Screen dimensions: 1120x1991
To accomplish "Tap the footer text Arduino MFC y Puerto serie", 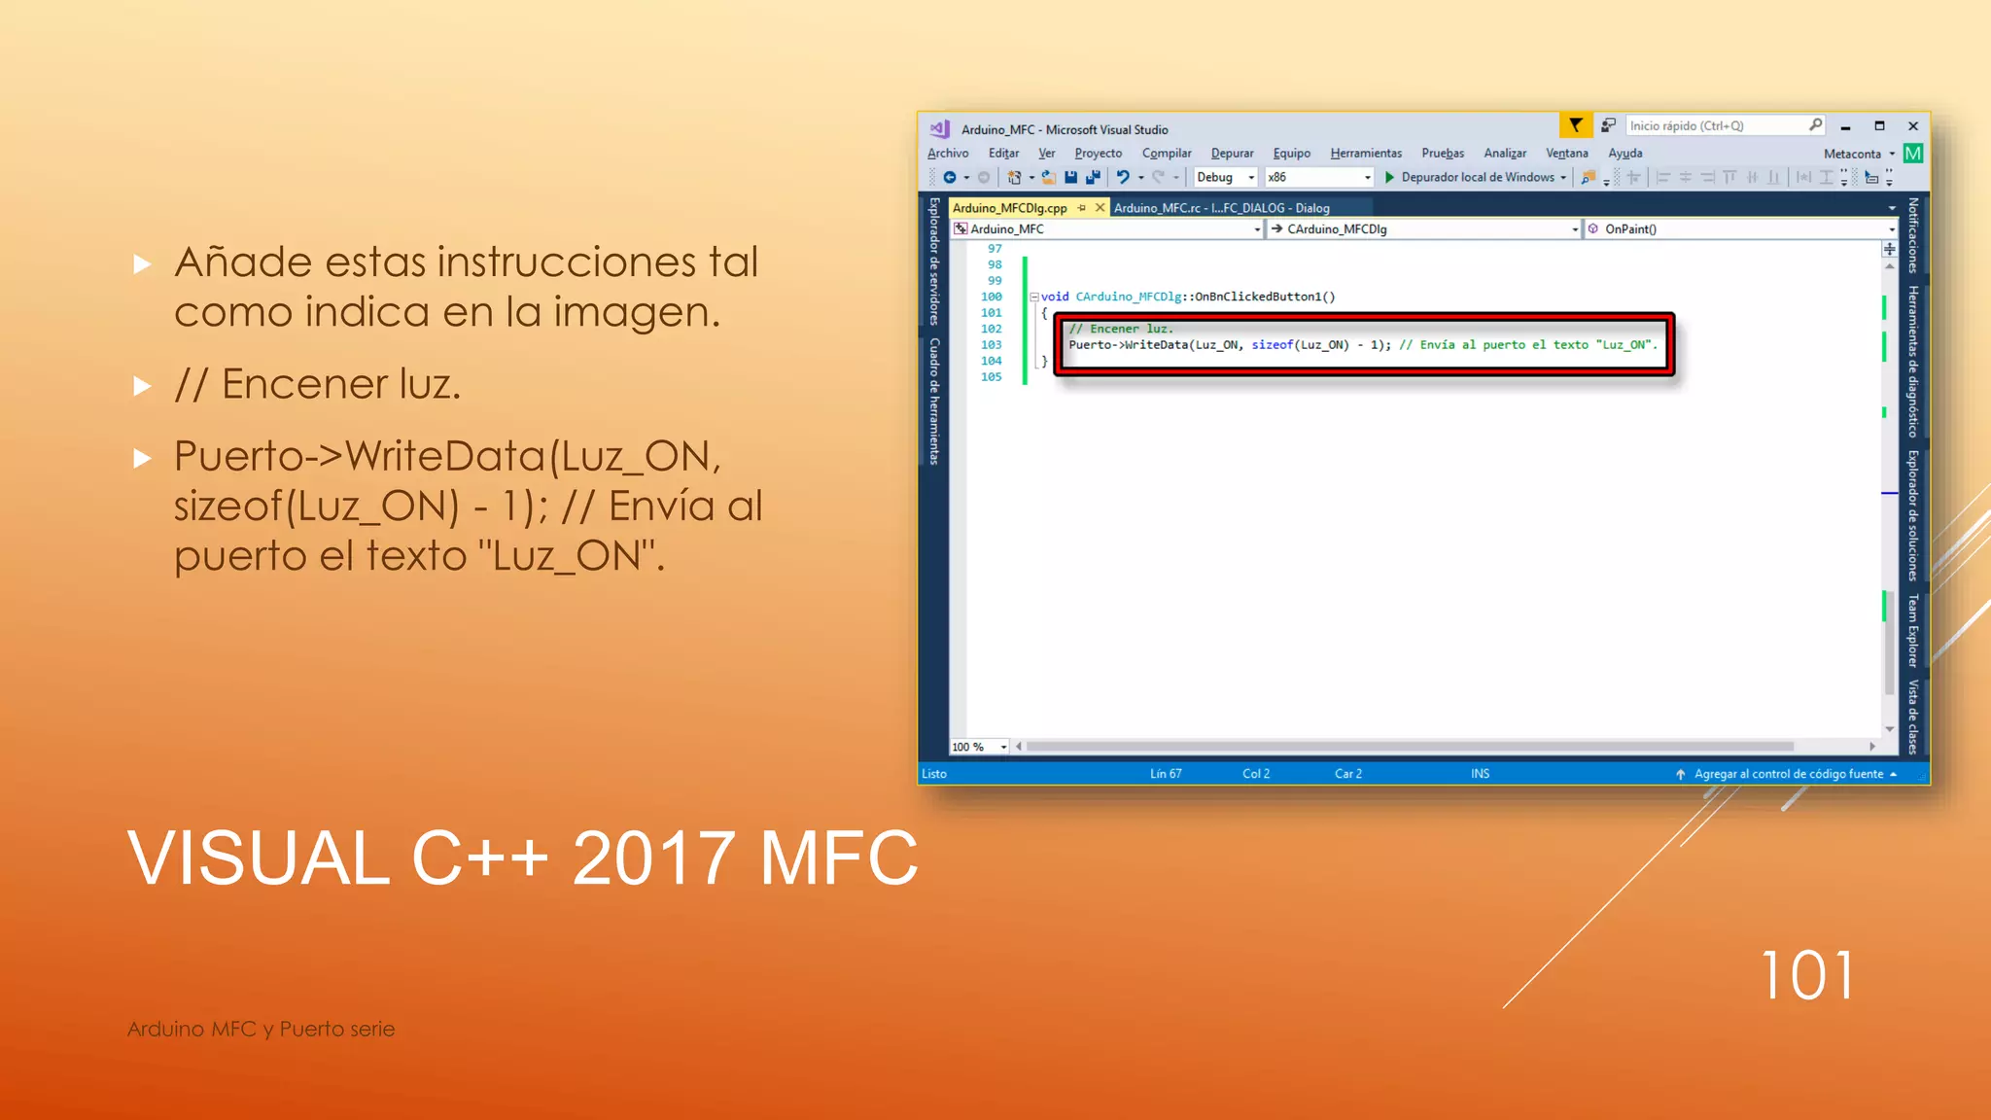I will click(x=261, y=1029).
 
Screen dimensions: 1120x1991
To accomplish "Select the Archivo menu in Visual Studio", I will click(x=947, y=154).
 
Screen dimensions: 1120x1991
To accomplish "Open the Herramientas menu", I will click(x=1365, y=154).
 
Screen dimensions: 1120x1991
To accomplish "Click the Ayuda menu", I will click(x=1624, y=154).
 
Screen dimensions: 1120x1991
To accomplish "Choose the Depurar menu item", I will click(x=1232, y=154).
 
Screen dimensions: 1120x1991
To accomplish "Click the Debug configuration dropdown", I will click(x=1225, y=177).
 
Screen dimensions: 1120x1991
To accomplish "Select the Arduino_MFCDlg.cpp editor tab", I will click(x=1009, y=208).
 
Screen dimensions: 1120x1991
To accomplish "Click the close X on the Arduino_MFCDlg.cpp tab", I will click(x=1100, y=208).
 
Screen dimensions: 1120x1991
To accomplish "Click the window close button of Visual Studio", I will click(x=1912, y=126).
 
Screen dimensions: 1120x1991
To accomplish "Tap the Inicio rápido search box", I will click(x=1716, y=126).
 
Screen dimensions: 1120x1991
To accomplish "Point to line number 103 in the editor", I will click(x=991, y=345).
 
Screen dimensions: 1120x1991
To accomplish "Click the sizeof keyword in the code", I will click(x=1272, y=345).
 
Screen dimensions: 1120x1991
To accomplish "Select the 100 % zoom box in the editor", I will click(x=978, y=747).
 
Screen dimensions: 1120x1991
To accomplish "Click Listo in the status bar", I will click(x=933, y=774).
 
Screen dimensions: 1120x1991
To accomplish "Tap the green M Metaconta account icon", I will click(x=1912, y=154).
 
